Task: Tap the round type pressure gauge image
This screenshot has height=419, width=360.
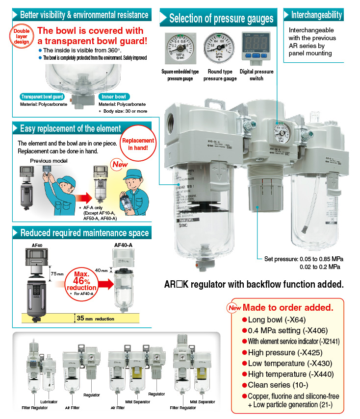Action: [219, 48]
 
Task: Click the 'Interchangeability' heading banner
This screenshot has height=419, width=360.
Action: [316, 15]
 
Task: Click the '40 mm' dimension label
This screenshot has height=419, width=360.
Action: [102, 270]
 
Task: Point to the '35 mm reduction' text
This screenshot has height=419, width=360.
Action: [96, 319]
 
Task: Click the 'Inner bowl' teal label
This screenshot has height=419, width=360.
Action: [113, 97]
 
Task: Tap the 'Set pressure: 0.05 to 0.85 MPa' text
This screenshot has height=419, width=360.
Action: [304, 259]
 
